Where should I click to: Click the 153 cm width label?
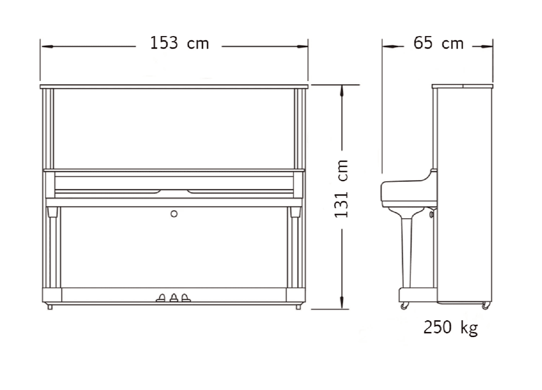coord(179,44)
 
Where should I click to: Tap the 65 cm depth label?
coord(438,44)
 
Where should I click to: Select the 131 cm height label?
coord(342,188)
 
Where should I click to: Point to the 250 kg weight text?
coord(451,327)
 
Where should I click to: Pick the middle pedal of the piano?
coord(174,297)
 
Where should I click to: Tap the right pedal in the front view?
coord(186,297)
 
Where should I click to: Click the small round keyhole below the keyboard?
coord(174,213)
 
